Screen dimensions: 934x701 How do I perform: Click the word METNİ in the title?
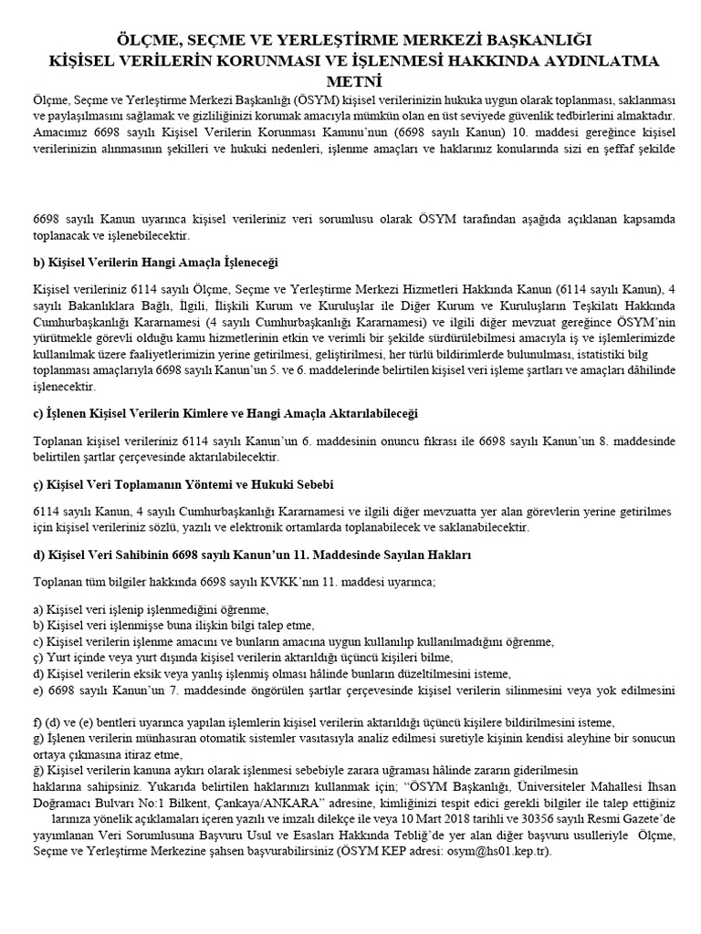coord(351,81)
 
